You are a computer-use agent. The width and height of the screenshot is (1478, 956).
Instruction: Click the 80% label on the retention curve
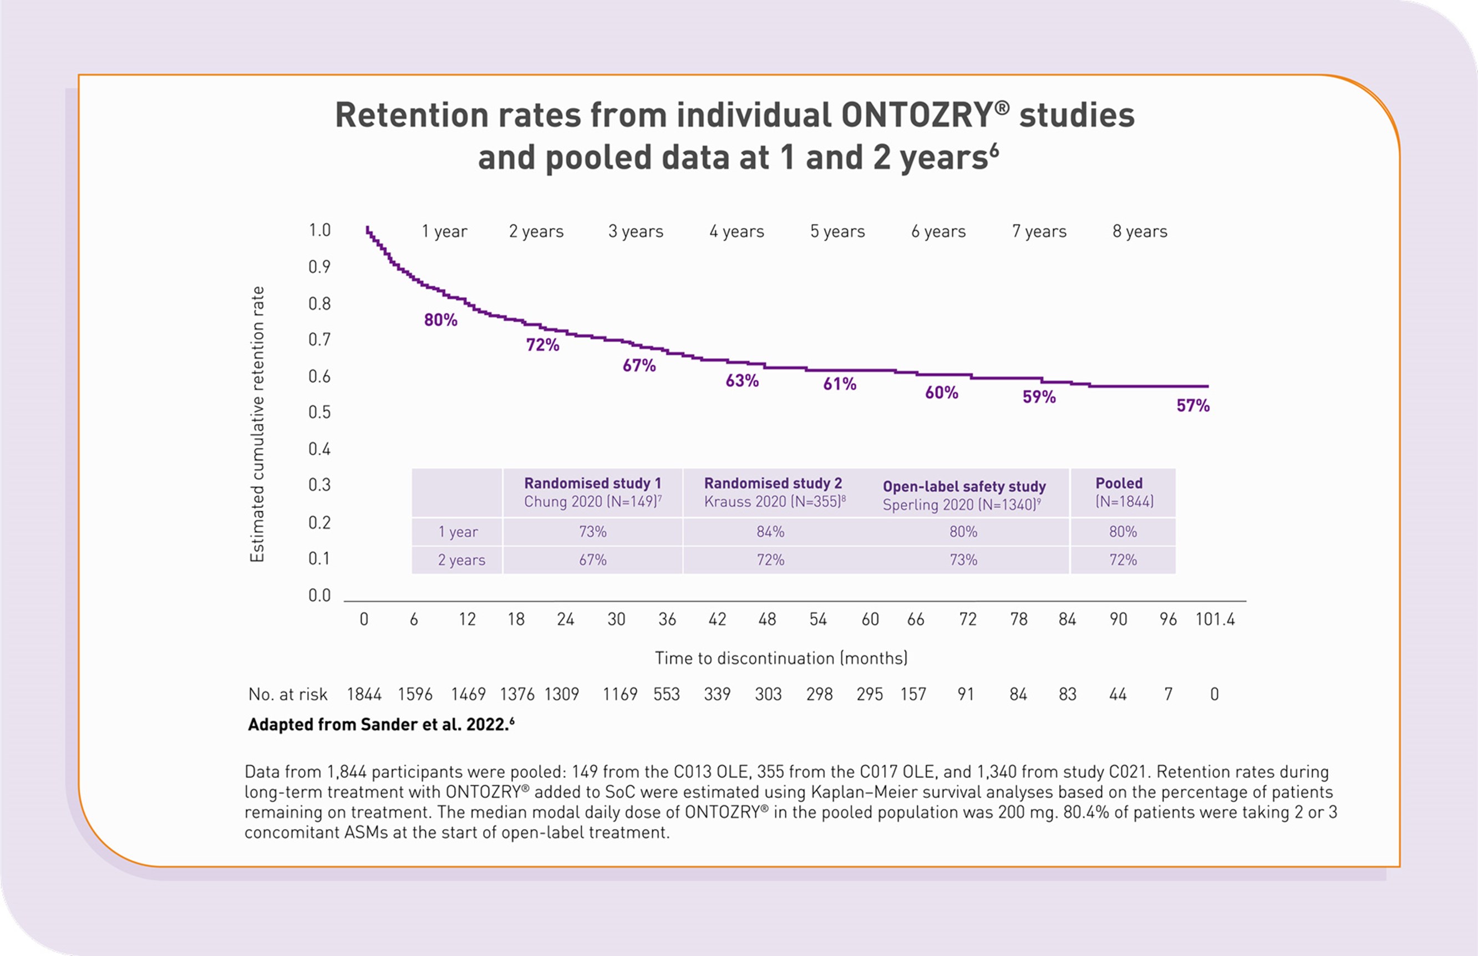click(441, 321)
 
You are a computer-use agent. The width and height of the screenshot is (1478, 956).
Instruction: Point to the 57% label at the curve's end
click(1192, 406)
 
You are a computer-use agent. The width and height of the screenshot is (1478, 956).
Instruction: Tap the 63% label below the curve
click(742, 380)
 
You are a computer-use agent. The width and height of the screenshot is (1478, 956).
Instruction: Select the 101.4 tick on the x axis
click(1215, 619)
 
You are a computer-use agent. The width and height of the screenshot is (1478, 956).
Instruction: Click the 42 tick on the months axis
click(717, 619)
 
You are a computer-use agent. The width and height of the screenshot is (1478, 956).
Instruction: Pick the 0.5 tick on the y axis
click(319, 413)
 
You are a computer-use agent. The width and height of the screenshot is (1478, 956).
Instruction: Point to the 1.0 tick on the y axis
click(319, 230)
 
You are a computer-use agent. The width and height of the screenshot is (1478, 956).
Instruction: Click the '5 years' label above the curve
click(837, 232)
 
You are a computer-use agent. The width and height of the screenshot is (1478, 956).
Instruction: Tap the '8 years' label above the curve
click(1140, 232)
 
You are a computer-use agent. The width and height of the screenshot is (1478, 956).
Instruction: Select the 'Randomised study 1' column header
click(592, 484)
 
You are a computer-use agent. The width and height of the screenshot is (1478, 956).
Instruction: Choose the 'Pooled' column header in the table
click(1119, 484)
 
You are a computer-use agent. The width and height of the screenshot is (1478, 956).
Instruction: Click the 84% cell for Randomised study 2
click(770, 532)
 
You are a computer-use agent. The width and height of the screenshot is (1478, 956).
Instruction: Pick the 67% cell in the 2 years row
click(592, 560)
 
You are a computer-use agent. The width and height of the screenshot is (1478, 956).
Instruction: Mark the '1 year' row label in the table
click(458, 532)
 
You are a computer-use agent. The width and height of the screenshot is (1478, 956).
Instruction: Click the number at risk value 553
click(666, 694)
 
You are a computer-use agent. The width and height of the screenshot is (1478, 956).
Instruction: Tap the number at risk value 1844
click(364, 694)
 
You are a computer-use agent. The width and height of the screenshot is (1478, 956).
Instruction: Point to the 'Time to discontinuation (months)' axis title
click(781, 658)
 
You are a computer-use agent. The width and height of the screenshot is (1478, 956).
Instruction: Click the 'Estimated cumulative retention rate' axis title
click(257, 425)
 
